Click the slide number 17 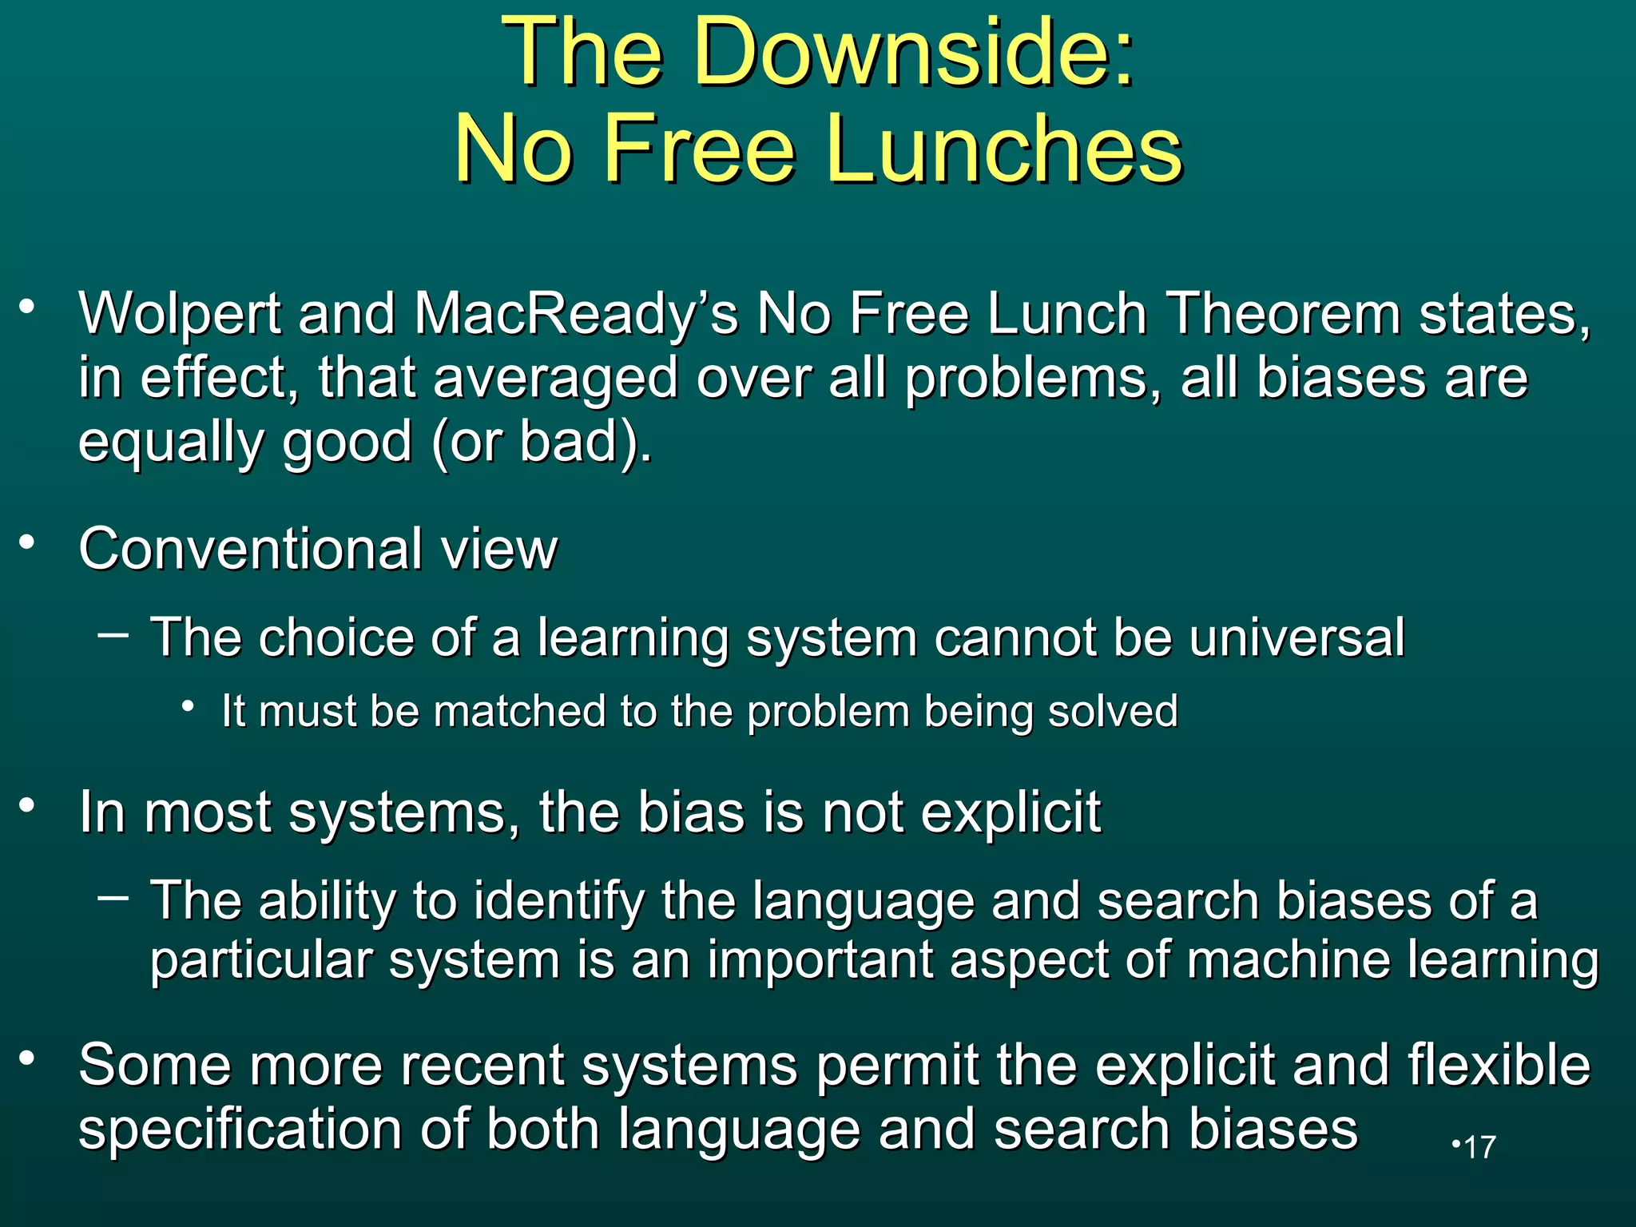[1480, 1147]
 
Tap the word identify [558, 901]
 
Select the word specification [240, 1130]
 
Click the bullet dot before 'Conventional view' [28, 542]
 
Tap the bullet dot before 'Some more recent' [28, 1058]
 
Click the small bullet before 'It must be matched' [189, 706]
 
